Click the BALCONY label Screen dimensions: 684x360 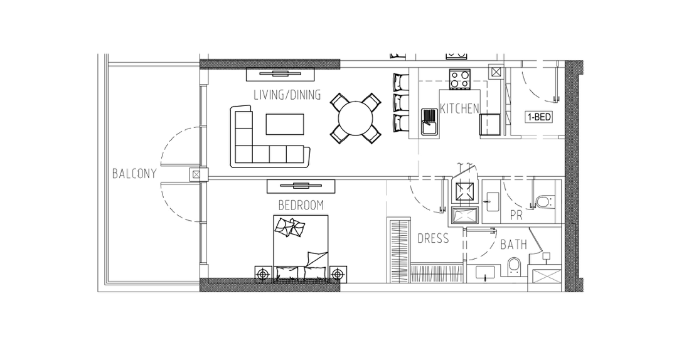coord(134,174)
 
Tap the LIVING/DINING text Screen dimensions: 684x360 coord(287,95)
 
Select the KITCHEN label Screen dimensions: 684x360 coord(459,109)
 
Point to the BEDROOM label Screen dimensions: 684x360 coord(301,205)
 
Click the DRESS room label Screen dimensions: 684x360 coord(433,238)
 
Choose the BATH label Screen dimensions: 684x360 coord(513,245)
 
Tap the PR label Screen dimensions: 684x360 coord(516,215)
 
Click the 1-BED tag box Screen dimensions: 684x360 coord(539,117)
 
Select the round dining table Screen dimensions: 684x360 coord(356,118)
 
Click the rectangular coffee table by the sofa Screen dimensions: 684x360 coord(285,124)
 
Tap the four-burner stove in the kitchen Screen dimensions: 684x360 coord(460,80)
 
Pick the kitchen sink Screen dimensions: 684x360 coord(430,122)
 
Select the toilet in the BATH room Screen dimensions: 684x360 coord(514,266)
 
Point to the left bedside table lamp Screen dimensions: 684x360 coord(262,274)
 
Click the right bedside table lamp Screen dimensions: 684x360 coord(337,274)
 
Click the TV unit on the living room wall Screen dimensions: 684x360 coord(281,74)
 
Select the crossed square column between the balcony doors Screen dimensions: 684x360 coord(196,174)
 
